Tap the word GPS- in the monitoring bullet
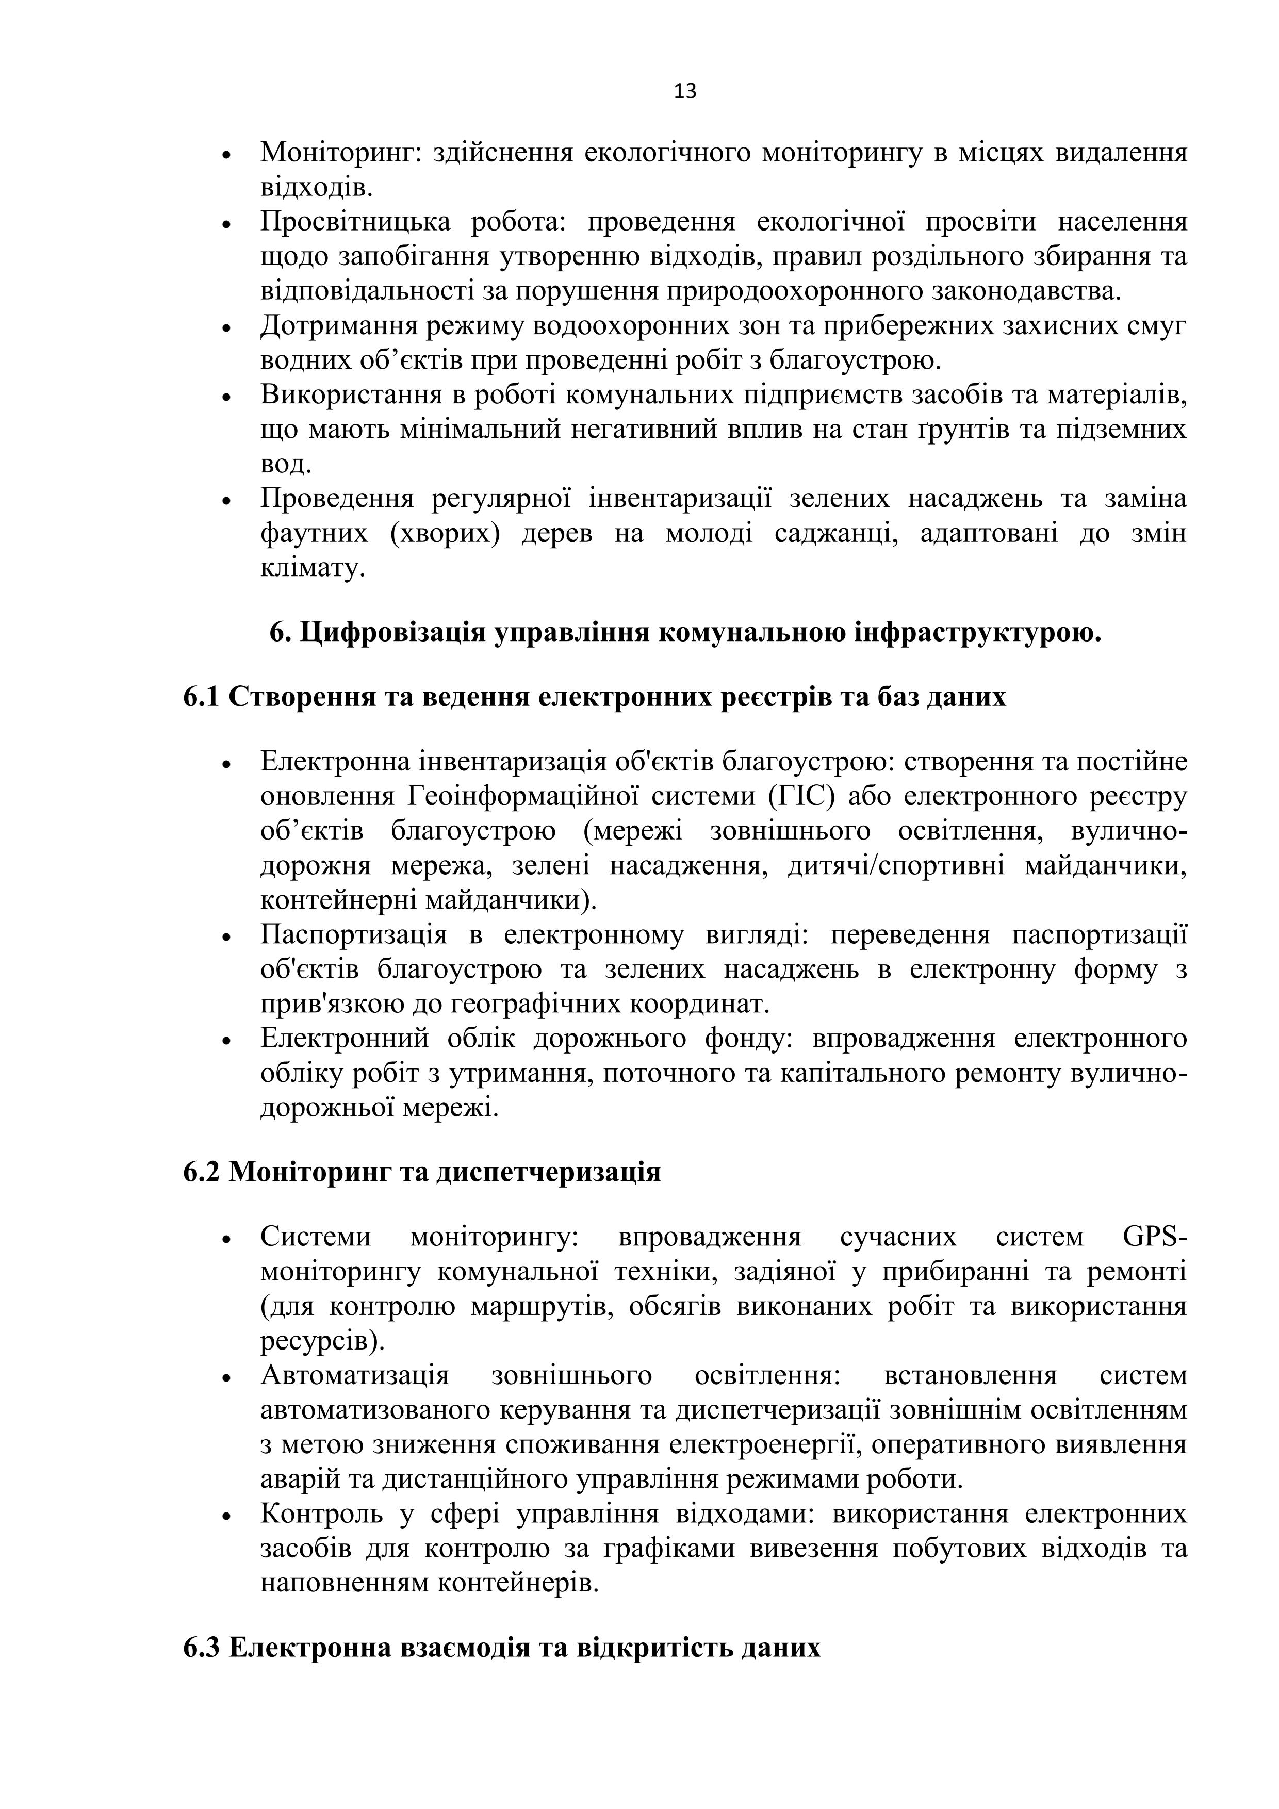[x=1153, y=1237]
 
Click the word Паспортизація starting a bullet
[x=354, y=935]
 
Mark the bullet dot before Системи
[x=226, y=1239]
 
